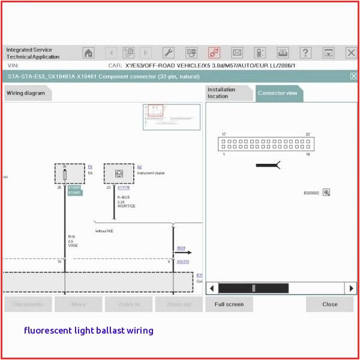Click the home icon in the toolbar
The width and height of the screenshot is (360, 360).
88,53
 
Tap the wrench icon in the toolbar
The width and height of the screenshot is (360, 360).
169,53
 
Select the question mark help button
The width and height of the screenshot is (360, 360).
305,53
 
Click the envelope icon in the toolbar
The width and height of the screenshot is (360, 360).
237,53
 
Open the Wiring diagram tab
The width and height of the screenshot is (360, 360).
26,93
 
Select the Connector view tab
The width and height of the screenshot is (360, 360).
277,93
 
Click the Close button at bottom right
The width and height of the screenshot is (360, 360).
329,304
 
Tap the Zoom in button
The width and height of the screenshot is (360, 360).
129,304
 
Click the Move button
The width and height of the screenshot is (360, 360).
79,304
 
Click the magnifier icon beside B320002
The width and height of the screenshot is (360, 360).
326,193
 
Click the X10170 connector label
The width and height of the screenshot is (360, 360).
182,262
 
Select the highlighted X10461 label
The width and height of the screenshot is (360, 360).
74,193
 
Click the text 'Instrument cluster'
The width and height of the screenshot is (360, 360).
151,173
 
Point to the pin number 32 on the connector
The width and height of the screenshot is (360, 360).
308,134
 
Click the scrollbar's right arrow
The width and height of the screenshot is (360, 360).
350,289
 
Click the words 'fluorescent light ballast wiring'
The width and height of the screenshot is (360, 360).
88,331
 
